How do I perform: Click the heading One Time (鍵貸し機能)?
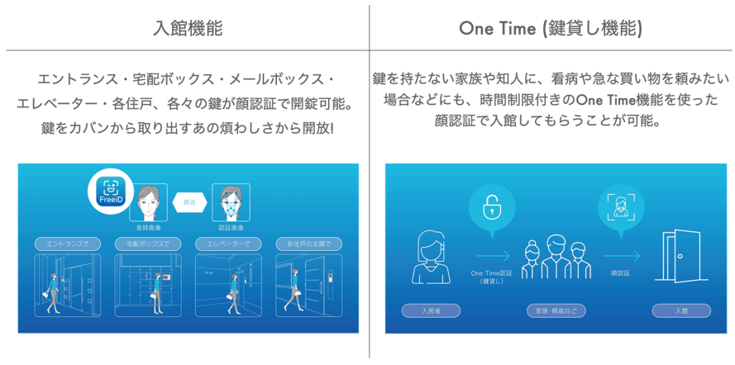point(551,28)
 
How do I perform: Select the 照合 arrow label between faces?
point(189,201)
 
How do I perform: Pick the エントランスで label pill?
point(68,244)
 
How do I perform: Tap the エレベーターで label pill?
point(229,244)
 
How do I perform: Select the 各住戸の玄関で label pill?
point(309,244)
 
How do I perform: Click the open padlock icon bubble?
point(492,206)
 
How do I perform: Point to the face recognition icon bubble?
point(621,206)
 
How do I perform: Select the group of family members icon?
point(556,259)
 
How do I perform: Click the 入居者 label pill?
point(431,311)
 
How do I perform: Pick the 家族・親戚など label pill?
point(556,311)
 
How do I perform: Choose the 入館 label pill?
point(680,311)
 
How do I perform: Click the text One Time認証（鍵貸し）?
point(492,277)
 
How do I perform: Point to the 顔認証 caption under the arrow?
point(621,273)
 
